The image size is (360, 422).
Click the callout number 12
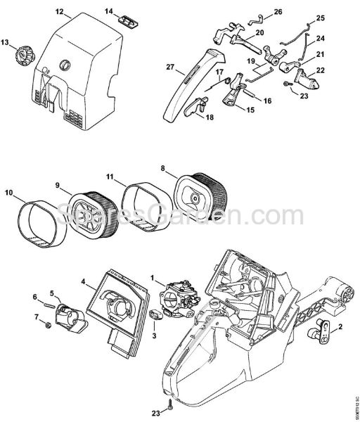[x=59, y=12]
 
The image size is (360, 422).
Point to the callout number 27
[x=169, y=68]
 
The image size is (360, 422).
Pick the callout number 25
[x=321, y=18]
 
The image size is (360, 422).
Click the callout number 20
[x=239, y=33]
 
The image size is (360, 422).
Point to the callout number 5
[x=51, y=293]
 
